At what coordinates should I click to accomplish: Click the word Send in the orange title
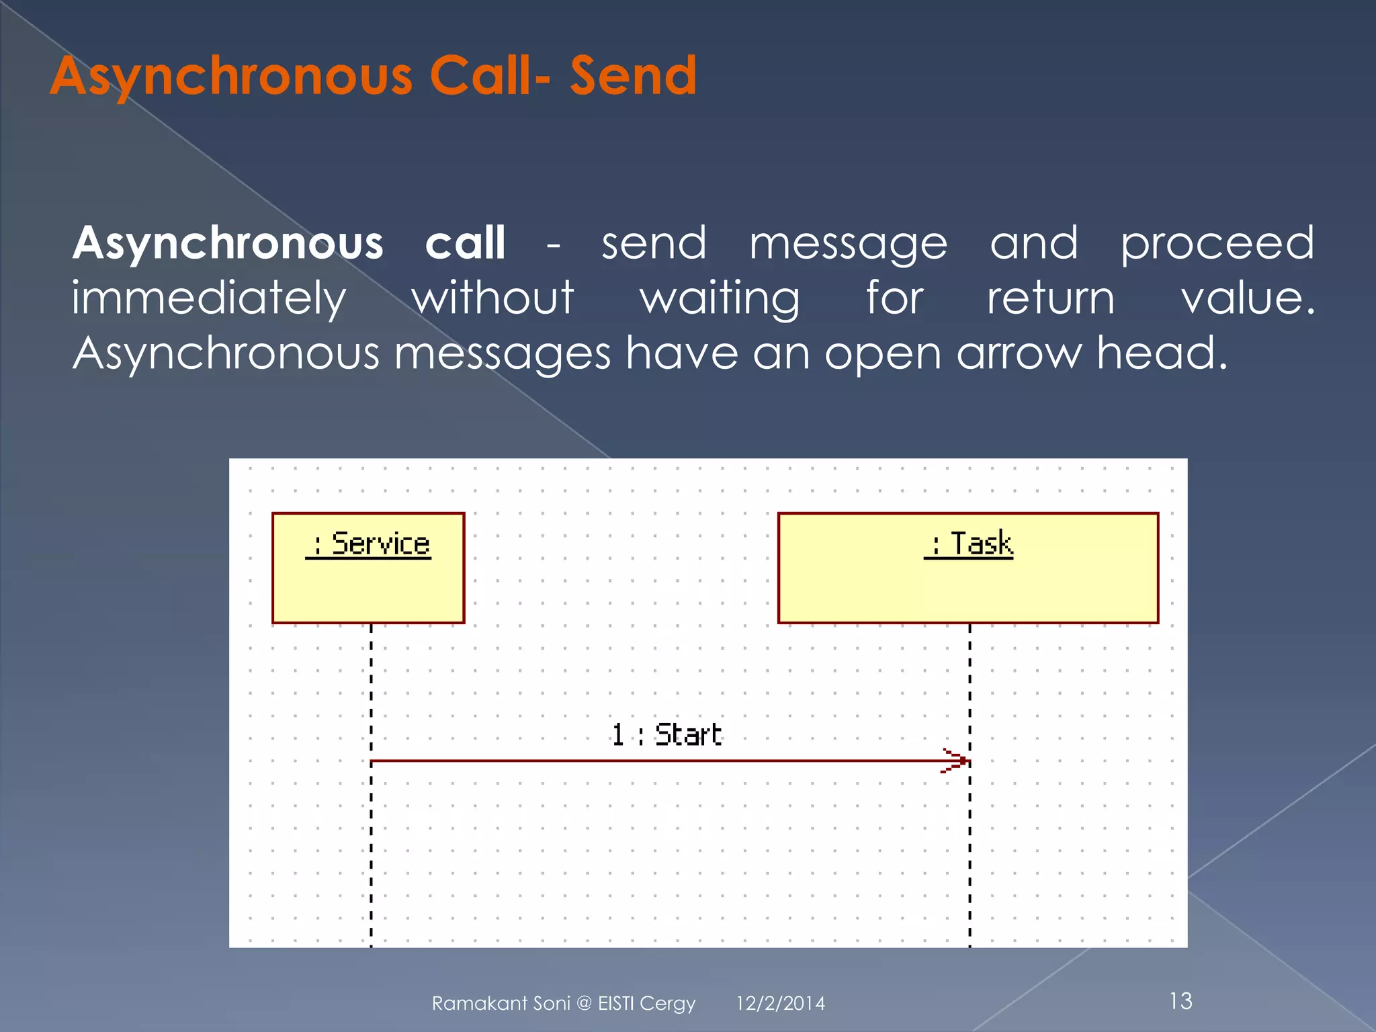pos(633,75)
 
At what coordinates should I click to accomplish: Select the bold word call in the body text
pos(465,243)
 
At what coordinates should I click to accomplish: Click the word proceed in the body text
pos(1217,244)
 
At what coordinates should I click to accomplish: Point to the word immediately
pos(209,299)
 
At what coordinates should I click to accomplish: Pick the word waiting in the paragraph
pos(720,299)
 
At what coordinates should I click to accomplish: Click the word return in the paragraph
pos(1050,299)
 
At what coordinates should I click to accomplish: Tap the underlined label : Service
pos(370,544)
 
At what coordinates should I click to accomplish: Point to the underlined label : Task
pos(970,544)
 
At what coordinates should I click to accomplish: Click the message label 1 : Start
pos(666,734)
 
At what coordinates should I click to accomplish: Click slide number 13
pos(1180,1001)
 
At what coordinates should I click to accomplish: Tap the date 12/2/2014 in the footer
pos(780,1003)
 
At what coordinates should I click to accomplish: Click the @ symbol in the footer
pos(584,1004)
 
